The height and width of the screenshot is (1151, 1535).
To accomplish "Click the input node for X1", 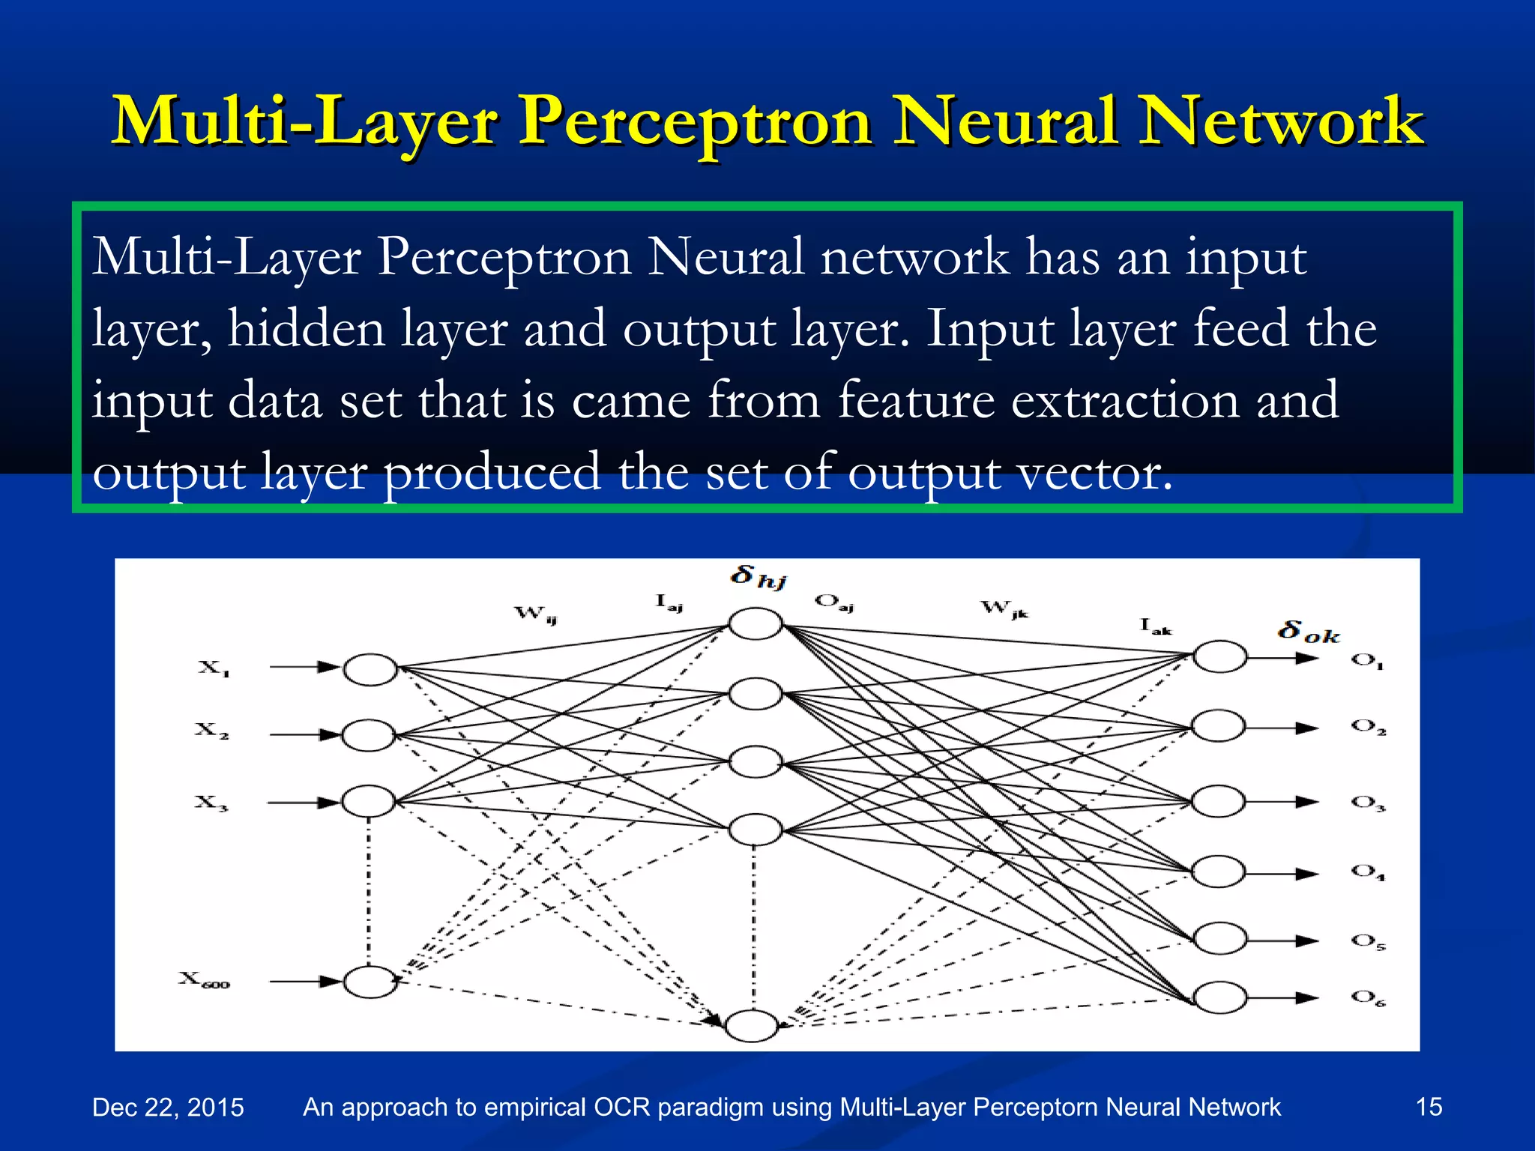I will click(x=370, y=669).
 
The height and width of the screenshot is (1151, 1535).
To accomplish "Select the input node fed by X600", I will click(x=370, y=982).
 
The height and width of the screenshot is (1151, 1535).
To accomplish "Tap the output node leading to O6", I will click(x=1219, y=997).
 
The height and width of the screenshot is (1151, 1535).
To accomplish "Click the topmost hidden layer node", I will click(x=756, y=623).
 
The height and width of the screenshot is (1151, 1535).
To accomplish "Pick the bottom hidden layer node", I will click(x=752, y=1026).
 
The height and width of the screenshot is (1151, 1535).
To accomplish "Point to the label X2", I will click(x=211, y=730).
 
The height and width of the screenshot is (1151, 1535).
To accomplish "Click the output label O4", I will click(x=1368, y=871).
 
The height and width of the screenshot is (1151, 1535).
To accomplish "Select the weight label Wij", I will click(x=535, y=614).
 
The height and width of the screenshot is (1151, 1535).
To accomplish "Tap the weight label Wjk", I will click(x=1004, y=608).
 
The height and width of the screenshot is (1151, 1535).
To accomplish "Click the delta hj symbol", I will click(x=758, y=577).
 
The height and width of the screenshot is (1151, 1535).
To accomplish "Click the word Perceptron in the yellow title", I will click(x=696, y=121).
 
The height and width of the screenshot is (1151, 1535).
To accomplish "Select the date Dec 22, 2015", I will click(x=168, y=1107).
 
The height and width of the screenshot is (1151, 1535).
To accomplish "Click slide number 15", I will click(x=1429, y=1106).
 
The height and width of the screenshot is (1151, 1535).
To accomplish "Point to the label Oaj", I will click(x=833, y=602).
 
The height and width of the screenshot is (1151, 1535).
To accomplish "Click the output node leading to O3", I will click(x=1219, y=802).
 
